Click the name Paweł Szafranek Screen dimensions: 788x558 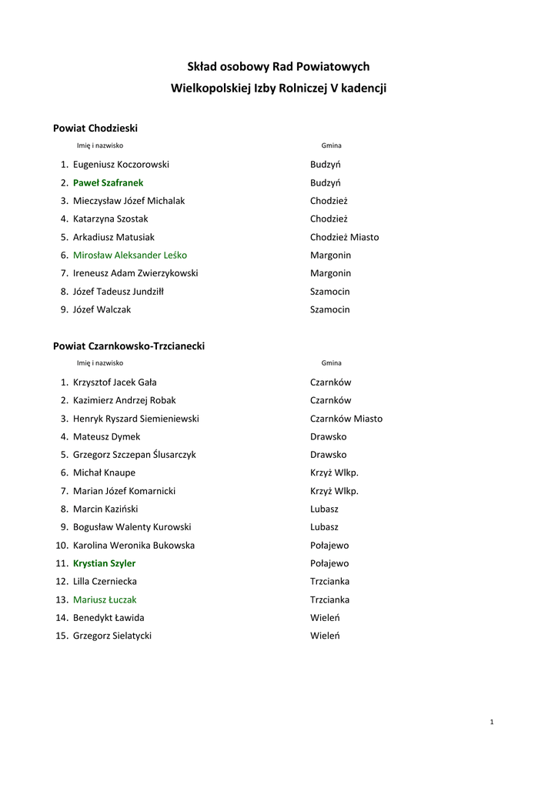coord(108,183)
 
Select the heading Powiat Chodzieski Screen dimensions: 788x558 coord(95,128)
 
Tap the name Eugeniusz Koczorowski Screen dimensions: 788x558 coord(121,165)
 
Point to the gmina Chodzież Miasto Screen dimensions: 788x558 coord(344,237)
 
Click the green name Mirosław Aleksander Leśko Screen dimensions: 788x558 coord(129,255)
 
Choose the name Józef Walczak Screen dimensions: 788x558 coord(102,309)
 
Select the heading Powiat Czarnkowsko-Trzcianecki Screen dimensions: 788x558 coord(129,346)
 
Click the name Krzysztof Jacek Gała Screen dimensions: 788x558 coord(115,382)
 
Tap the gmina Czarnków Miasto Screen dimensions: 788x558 coord(346,419)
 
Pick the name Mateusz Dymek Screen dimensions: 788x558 coord(106,437)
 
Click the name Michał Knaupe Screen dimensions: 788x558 coord(104,473)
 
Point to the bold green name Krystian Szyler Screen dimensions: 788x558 coord(104,563)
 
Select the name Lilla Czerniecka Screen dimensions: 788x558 coord(105,582)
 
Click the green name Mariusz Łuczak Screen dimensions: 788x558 coord(105,599)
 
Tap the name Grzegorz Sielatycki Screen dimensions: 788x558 coord(112,636)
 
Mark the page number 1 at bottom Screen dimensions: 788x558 coord(491,722)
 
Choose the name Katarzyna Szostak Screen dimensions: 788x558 coord(110,219)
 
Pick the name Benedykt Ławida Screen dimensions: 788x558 coord(109,618)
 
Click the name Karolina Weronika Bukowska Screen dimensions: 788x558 coord(133,546)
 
